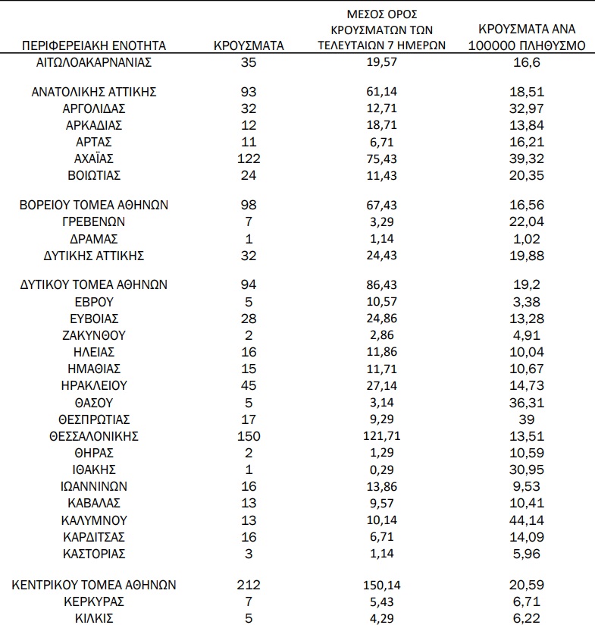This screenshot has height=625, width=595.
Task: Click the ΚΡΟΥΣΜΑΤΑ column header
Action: pos(249,46)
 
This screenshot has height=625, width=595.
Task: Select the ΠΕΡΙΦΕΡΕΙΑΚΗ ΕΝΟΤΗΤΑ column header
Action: pos(94,46)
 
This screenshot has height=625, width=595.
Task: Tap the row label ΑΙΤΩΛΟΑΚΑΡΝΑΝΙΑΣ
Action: pos(94,62)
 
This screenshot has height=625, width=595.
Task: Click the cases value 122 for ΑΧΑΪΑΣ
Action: pos(249,159)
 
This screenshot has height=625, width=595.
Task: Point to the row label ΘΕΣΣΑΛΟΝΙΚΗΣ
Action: pos(94,436)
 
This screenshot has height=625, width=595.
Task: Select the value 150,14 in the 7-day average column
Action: pos(382,585)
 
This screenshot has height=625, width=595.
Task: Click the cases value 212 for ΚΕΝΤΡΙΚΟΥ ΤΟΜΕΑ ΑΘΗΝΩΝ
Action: pos(249,585)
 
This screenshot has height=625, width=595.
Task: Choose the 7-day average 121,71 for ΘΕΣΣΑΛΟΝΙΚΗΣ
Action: pos(382,436)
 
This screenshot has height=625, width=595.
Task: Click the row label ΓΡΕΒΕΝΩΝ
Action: pos(94,221)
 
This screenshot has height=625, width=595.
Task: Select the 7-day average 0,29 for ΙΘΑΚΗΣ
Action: pos(382,470)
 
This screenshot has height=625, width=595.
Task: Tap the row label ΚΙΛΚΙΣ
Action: pos(94,618)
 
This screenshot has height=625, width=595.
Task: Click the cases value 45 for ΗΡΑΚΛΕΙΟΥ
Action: pos(249,386)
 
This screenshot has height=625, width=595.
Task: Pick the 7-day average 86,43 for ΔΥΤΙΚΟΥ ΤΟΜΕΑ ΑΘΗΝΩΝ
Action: pos(382,284)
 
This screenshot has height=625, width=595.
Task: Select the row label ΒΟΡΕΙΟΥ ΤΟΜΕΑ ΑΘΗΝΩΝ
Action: pos(94,205)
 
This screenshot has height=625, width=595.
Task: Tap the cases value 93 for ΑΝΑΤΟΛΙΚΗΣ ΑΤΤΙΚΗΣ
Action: pos(249,92)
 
